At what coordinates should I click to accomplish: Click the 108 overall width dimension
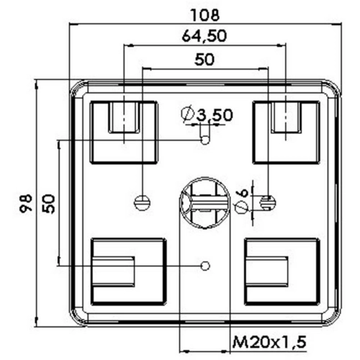[205, 15]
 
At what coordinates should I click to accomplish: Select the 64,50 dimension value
[204, 36]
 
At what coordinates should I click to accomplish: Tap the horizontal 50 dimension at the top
[204, 59]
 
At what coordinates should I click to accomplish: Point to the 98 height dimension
[26, 204]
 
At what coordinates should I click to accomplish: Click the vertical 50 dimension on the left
[48, 204]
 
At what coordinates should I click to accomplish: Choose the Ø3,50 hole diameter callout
[207, 114]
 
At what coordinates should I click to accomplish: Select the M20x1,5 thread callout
[269, 342]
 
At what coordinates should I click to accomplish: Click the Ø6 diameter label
[242, 201]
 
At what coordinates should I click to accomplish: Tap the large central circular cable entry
[205, 203]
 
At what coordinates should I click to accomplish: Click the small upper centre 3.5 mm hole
[205, 140]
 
